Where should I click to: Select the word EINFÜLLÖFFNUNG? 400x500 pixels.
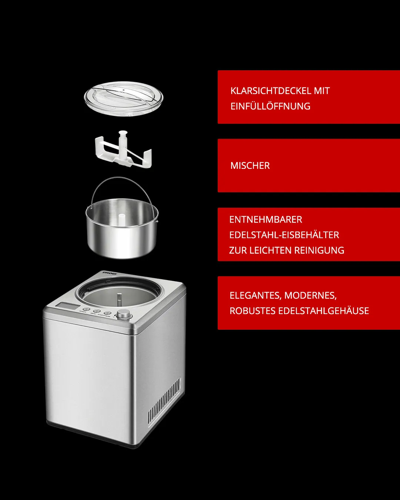270,106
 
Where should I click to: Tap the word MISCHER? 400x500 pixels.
250,166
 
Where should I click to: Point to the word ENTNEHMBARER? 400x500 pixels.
266,220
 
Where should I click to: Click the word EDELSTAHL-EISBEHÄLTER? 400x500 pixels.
284,235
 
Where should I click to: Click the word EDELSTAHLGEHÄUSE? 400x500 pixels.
323,311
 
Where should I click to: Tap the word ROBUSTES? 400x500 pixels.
252,311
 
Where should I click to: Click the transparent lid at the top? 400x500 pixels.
123,99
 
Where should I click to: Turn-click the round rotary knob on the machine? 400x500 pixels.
124,314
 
